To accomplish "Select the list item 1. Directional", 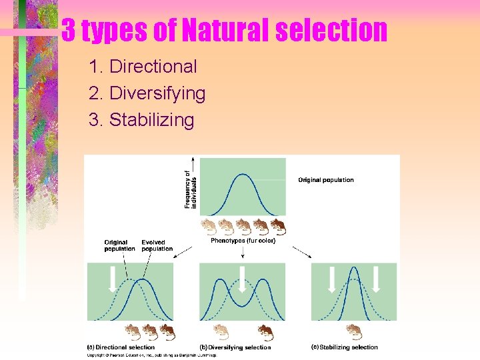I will (143, 67).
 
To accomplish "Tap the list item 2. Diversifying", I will (147, 93).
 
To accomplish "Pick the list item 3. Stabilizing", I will (141, 120).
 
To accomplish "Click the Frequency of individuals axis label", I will (191, 188).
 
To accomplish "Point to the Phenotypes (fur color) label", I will (243, 241).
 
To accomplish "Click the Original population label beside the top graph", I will (325, 180).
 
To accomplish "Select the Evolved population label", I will (157, 245).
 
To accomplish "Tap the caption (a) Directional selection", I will (121, 347).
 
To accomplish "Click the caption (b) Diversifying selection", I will (235, 347).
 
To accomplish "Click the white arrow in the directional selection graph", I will (113, 279).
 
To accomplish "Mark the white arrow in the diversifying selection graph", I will (242, 278).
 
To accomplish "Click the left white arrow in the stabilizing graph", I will (331, 279).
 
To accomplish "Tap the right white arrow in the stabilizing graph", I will (376, 279).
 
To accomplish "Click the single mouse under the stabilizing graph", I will (354, 331).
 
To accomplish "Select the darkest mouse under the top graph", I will (277, 227).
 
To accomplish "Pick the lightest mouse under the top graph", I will (209, 227).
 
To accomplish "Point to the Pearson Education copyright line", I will (151, 355).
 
